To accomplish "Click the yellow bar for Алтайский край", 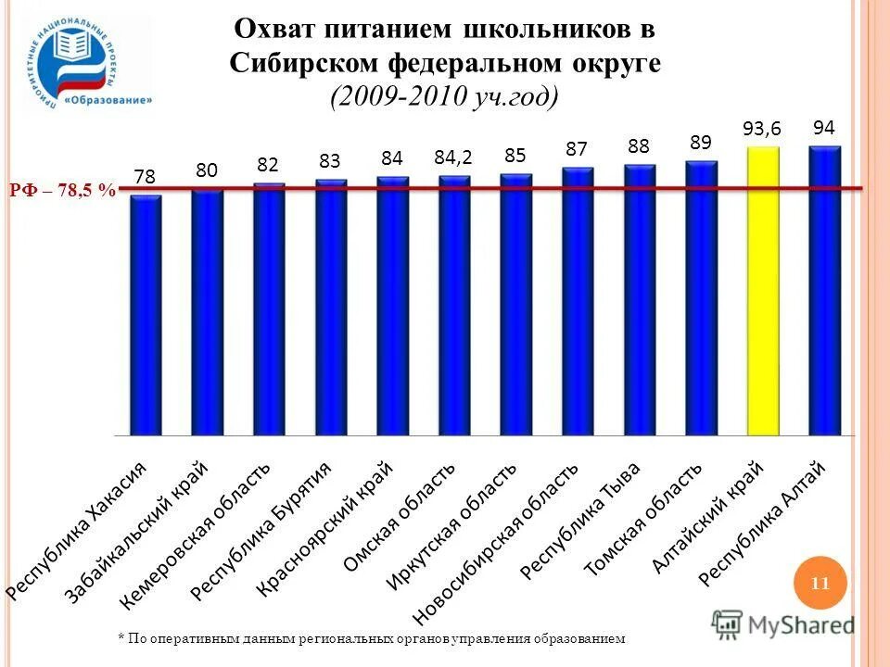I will click(x=763, y=292).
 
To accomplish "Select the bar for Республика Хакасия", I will click(x=146, y=315).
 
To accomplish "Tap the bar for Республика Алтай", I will click(x=824, y=292).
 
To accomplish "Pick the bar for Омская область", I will click(x=454, y=306).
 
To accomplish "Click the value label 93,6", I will click(x=762, y=130).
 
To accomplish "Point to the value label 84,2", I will click(x=453, y=158).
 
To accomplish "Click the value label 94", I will click(x=824, y=128).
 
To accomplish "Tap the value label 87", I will click(x=578, y=149).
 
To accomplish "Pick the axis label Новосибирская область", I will click(x=495, y=542).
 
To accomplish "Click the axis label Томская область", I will click(x=643, y=519).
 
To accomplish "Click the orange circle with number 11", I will click(x=820, y=584).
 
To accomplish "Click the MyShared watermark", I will click(x=784, y=624).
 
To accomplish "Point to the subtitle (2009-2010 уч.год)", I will click(x=445, y=96).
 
